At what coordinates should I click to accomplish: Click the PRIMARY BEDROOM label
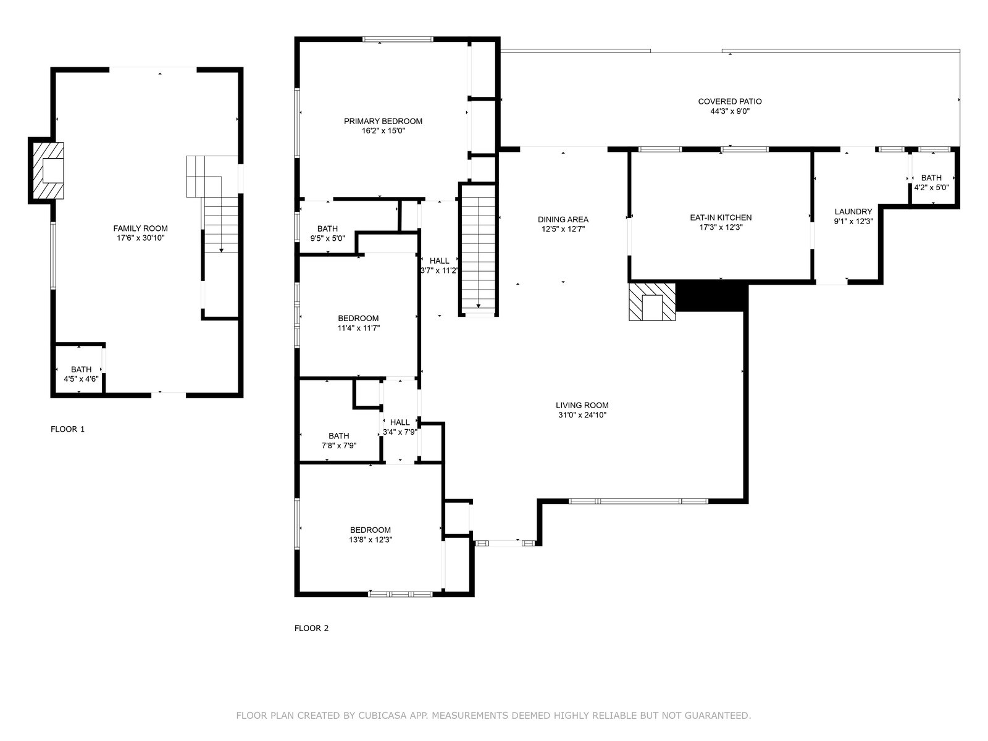(383, 121)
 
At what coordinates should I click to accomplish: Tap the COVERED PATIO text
(730, 102)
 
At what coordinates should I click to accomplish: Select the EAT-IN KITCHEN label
(721, 218)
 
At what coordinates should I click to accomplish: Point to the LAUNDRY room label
(853, 211)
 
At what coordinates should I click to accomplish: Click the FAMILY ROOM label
(140, 228)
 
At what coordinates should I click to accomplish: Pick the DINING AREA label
(563, 220)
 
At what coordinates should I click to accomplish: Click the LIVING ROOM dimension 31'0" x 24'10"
(582, 415)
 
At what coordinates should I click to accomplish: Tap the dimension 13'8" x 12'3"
(371, 540)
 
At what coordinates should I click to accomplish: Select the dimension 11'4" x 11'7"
(358, 328)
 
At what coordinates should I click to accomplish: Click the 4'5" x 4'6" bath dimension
(81, 379)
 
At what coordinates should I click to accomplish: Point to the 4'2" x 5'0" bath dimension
(931, 187)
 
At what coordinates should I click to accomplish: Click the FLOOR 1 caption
(67, 429)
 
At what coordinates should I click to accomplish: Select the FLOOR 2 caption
(311, 628)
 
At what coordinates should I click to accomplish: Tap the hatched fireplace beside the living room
(652, 301)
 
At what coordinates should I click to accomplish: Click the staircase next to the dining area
(478, 249)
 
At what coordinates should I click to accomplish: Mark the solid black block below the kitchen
(711, 296)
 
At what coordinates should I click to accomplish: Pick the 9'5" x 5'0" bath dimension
(328, 238)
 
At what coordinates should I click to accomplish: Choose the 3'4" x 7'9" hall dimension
(400, 432)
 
